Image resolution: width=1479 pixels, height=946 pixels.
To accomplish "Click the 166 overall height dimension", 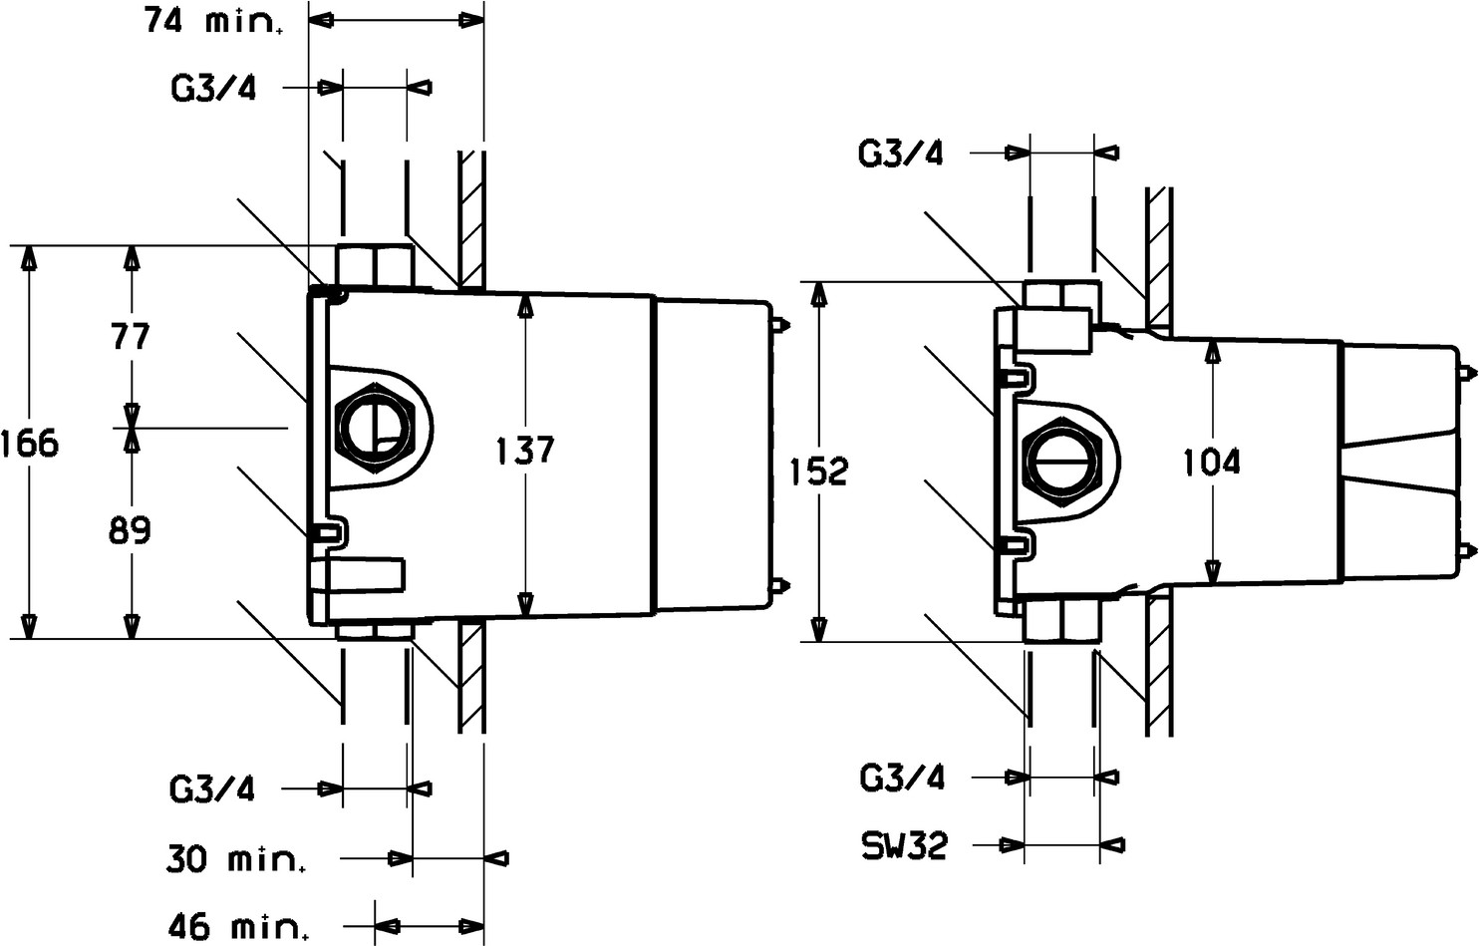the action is [x=30, y=443].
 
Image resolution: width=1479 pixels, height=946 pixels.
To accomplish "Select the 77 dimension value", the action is [x=131, y=337].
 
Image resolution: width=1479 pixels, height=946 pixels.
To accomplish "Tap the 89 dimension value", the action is [x=131, y=529].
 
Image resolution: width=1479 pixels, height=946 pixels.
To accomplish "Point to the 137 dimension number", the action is [x=525, y=451].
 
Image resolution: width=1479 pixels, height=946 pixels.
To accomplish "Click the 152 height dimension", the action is [x=819, y=472].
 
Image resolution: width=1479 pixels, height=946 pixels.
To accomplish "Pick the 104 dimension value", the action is [x=1211, y=462].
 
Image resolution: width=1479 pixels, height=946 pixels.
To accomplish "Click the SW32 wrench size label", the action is [x=905, y=845].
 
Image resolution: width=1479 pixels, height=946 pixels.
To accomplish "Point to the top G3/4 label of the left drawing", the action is [x=212, y=88].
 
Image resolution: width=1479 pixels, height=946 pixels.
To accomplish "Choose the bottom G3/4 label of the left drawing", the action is [x=212, y=788].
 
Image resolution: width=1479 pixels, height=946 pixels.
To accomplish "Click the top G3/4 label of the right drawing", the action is [x=901, y=154].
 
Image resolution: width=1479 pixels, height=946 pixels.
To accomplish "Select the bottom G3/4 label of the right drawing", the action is [x=902, y=778].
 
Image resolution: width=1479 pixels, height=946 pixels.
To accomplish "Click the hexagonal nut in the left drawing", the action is [x=375, y=428].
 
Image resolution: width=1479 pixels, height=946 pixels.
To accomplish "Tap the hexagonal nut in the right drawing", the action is [x=1059, y=463].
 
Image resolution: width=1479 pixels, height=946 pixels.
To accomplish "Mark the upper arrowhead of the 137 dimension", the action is [x=525, y=307].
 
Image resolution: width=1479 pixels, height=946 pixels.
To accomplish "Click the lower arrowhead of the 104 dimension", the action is [x=1212, y=572].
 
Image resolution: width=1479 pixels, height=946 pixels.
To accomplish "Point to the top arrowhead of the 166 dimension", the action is [x=29, y=259].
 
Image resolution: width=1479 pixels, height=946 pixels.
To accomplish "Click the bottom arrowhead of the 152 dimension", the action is [x=819, y=628].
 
